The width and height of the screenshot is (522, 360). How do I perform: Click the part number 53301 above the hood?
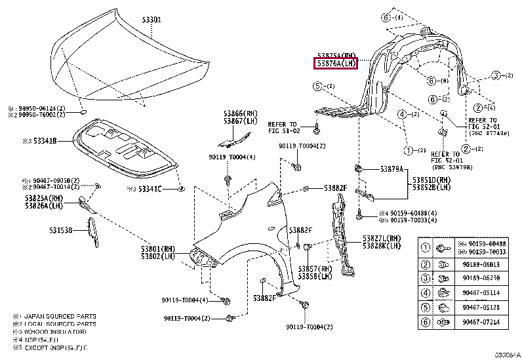tap(151, 20)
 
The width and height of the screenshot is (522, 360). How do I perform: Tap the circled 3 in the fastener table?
tap(424, 279)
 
